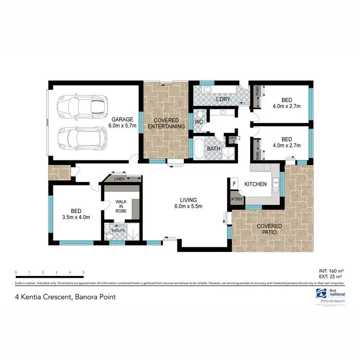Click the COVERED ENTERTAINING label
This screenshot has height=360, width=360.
point(166,123)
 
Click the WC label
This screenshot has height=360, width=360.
point(199,122)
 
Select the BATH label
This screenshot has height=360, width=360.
point(213,149)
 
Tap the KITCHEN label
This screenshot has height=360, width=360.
point(255,184)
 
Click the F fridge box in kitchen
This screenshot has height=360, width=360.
point(234,184)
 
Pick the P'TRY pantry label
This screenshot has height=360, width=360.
point(236,198)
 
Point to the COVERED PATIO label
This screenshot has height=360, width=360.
point(269,229)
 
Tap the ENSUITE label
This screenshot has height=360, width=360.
point(118,230)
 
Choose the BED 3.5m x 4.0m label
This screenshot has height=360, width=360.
point(76,214)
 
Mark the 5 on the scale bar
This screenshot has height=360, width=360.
point(84,272)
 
